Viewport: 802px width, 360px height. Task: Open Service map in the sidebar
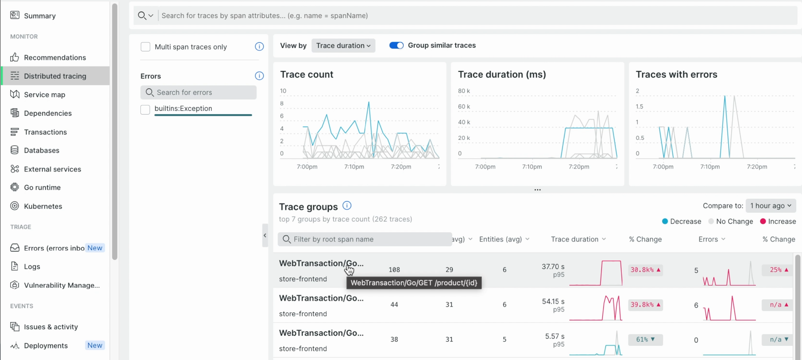pyautogui.click(x=44, y=95)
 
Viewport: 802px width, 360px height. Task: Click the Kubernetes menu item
pyautogui.click(x=43, y=206)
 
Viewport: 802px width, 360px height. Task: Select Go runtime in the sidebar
pyautogui.click(x=42, y=188)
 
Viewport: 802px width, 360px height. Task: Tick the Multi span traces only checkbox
pyautogui.click(x=145, y=47)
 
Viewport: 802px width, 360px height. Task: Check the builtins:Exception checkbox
pyautogui.click(x=145, y=110)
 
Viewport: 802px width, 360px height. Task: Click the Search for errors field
pyautogui.click(x=198, y=92)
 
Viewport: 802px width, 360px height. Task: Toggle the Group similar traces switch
pyautogui.click(x=396, y=46)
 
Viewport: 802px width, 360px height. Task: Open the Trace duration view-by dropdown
pyautogui.click(x=343, y=46)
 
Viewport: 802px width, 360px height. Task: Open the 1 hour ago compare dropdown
pyautogui.click(x=770, y=206)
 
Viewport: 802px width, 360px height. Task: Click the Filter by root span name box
pyautogui.click(x=364, y=240)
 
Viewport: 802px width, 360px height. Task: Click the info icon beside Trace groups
pyautogui.click(x=346, y=206)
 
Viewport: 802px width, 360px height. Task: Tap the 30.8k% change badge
pyautogui.click(x=645, y=270)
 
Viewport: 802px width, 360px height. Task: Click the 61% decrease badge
pyautogui.click(x=645, y=340)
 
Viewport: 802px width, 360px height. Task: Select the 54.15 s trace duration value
pyautogui.click(x=553, y=302)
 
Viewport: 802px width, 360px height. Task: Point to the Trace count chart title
pyautogui.click(x=307, y=74)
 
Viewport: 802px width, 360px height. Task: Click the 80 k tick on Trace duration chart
pyautogui.click(x=463, y=91)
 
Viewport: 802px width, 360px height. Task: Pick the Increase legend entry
pyautogui.click(x=778, y=222)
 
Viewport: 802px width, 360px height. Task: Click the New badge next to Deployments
pyautogui.click(x=95, y=345)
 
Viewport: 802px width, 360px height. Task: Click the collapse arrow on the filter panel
pyautogui.click(x=265, y=235)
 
